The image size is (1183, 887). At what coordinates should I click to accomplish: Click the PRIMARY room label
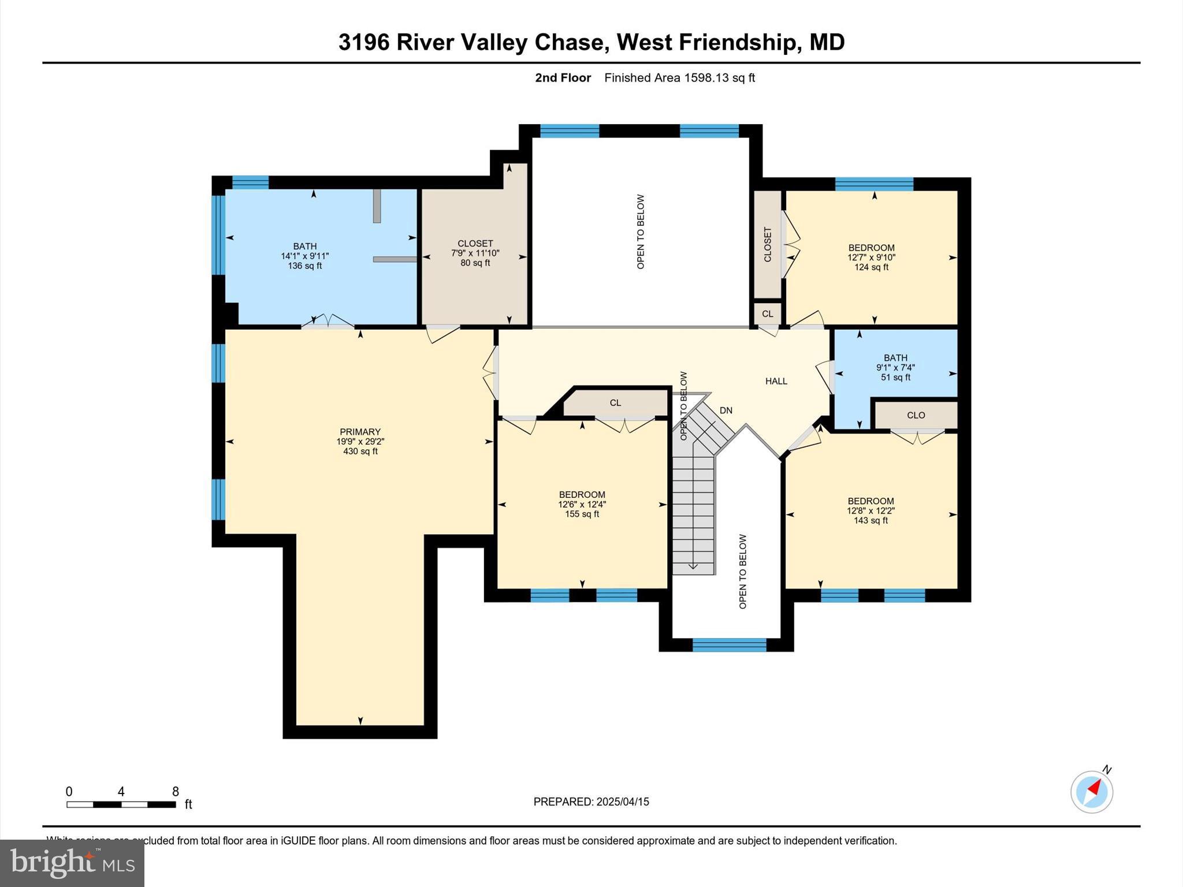pyautogui.click(x=360, y=431)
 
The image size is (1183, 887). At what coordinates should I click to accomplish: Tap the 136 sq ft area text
pyautogui.click(x=304, y=266)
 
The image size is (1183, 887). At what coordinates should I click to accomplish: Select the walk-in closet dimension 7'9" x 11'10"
pyautogui.click(x=475, y=253)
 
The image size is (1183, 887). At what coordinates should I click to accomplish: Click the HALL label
pyautogui.click(x=776, y=381)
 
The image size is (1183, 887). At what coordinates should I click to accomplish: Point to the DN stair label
pyautogui.click(x=726, y=411)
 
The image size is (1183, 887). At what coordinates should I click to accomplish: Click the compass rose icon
pyautogui.click(x=1091, y=792)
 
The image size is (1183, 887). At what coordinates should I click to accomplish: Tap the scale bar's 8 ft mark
pyautogui.click(x=175, y=792)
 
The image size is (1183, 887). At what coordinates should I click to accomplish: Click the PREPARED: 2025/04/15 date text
pyautogui.click(x=591, y=802)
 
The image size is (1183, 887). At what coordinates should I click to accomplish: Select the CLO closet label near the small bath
pyautogui.click(x=916, y=415)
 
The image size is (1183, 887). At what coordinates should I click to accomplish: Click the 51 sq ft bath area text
pyautogui.click(x=895, y=378)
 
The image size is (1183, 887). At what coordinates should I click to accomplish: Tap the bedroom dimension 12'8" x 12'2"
pyautogui.click(x=870, y=510)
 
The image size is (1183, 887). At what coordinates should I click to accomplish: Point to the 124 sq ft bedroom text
pyautogui.click(x=871, y=267)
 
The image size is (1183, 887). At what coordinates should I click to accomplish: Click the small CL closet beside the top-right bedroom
pyautogui.click(x=767, y=314)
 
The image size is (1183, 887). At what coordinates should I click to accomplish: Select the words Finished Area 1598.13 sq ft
pyautogui.click(x=679, y=78)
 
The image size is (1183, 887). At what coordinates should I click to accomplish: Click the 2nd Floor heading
pyautogui.click(x=563, y=78)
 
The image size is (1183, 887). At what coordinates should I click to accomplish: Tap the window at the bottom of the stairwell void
pyautogui.click(x=729, y=645)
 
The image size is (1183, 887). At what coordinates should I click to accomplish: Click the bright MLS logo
pyautogui.click(x=72, y=863)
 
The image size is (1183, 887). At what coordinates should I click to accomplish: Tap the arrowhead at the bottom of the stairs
pyautogui.click(x=693, y=567)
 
